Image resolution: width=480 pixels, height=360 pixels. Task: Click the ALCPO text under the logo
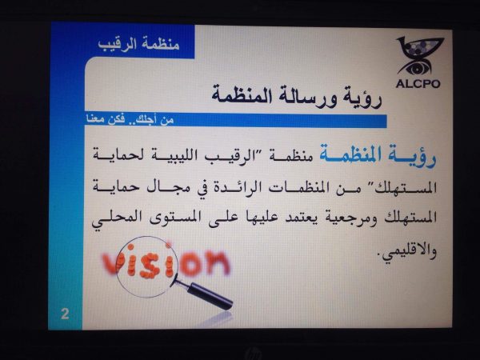pos(418,83)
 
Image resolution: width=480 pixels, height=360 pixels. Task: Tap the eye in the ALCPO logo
pos(416,68)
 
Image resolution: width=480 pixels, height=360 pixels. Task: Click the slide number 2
pos(65,314)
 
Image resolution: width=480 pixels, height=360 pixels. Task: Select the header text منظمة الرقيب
pos(138,44)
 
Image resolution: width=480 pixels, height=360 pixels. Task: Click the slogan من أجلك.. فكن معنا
pos(130,119)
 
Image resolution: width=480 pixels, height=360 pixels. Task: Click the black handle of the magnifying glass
pos(210,296)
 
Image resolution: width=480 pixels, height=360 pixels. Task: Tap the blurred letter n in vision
pos(217,262)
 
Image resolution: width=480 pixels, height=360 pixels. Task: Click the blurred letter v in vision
pos(111,264)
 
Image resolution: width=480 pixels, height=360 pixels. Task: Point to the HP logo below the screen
pos(254,353)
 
